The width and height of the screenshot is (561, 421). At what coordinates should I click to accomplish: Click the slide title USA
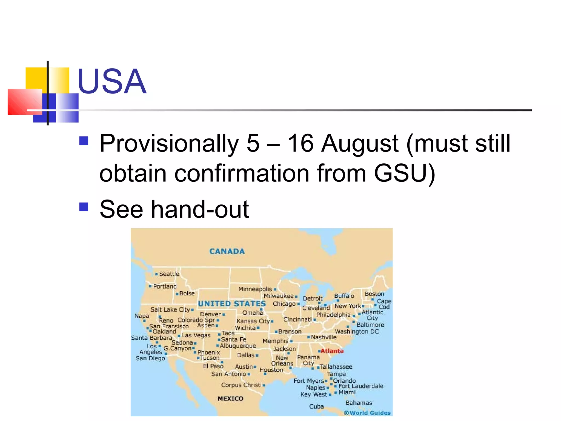coord(112,81)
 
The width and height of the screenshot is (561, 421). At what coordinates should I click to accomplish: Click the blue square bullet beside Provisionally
coord(84,141)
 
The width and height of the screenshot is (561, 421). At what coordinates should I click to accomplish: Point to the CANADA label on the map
coord(227,251)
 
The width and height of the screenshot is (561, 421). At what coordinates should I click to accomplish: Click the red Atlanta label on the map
coord(332,351)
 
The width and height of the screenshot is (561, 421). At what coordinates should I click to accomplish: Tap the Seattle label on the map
coord(169,274)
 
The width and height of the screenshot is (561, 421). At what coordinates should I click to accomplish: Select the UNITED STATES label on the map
coord(232,304)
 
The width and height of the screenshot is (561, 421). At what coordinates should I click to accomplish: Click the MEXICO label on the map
coord(230,399)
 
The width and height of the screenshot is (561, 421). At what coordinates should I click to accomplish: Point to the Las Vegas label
coord(196,335)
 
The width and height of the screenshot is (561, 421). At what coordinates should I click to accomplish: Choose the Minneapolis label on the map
coord(255,289)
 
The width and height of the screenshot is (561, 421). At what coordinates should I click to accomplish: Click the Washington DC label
coord(357,332)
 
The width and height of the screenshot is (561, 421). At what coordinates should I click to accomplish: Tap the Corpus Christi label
coord(241,385)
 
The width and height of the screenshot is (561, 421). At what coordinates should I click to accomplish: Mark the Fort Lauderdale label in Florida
coord(361,386)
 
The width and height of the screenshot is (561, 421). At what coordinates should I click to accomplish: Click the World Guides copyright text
coord(368,413)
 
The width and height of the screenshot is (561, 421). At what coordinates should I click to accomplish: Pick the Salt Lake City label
coord(170,310)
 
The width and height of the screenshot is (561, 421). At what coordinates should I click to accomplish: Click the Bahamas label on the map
coord(359,403)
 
